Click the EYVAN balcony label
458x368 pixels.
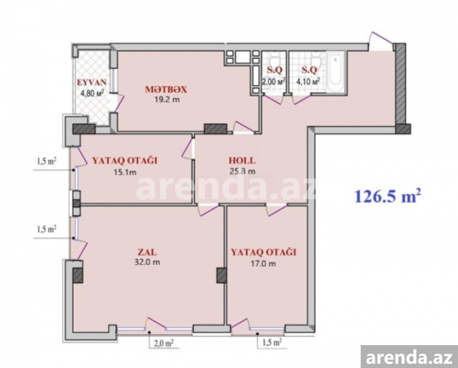tap(92, 82)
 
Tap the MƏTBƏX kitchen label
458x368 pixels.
tap(166, 89)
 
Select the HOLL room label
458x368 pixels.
tap(242, 161)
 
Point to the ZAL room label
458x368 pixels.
tap(147, 252)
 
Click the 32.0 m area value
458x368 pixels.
tap(147, 262)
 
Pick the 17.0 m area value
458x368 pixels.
tap(263, 264)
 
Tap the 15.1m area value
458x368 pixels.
tap(125, 172)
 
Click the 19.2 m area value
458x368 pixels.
tap(167, 100)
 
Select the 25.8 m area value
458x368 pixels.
tap(242, 171)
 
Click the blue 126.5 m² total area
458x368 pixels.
tap(388, 196)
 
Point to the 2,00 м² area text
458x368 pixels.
tap(274, 81)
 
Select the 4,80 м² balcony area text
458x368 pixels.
tap(92, 93)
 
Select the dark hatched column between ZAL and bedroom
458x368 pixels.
tap(222, 275)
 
